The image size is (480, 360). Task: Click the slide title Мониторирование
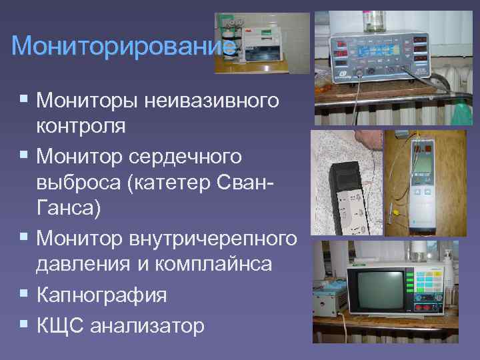[124, 46]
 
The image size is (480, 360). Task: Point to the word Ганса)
[69, 209]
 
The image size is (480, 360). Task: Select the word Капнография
[102, 294]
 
